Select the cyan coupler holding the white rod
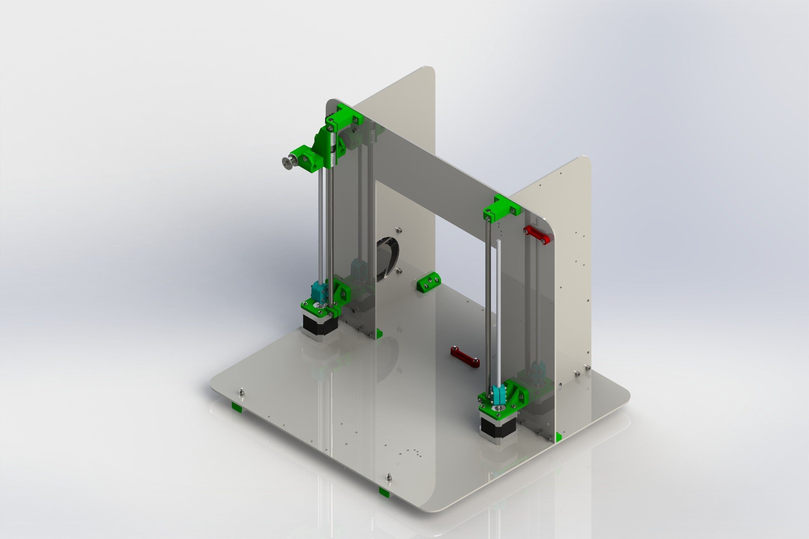coord(497,395)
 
